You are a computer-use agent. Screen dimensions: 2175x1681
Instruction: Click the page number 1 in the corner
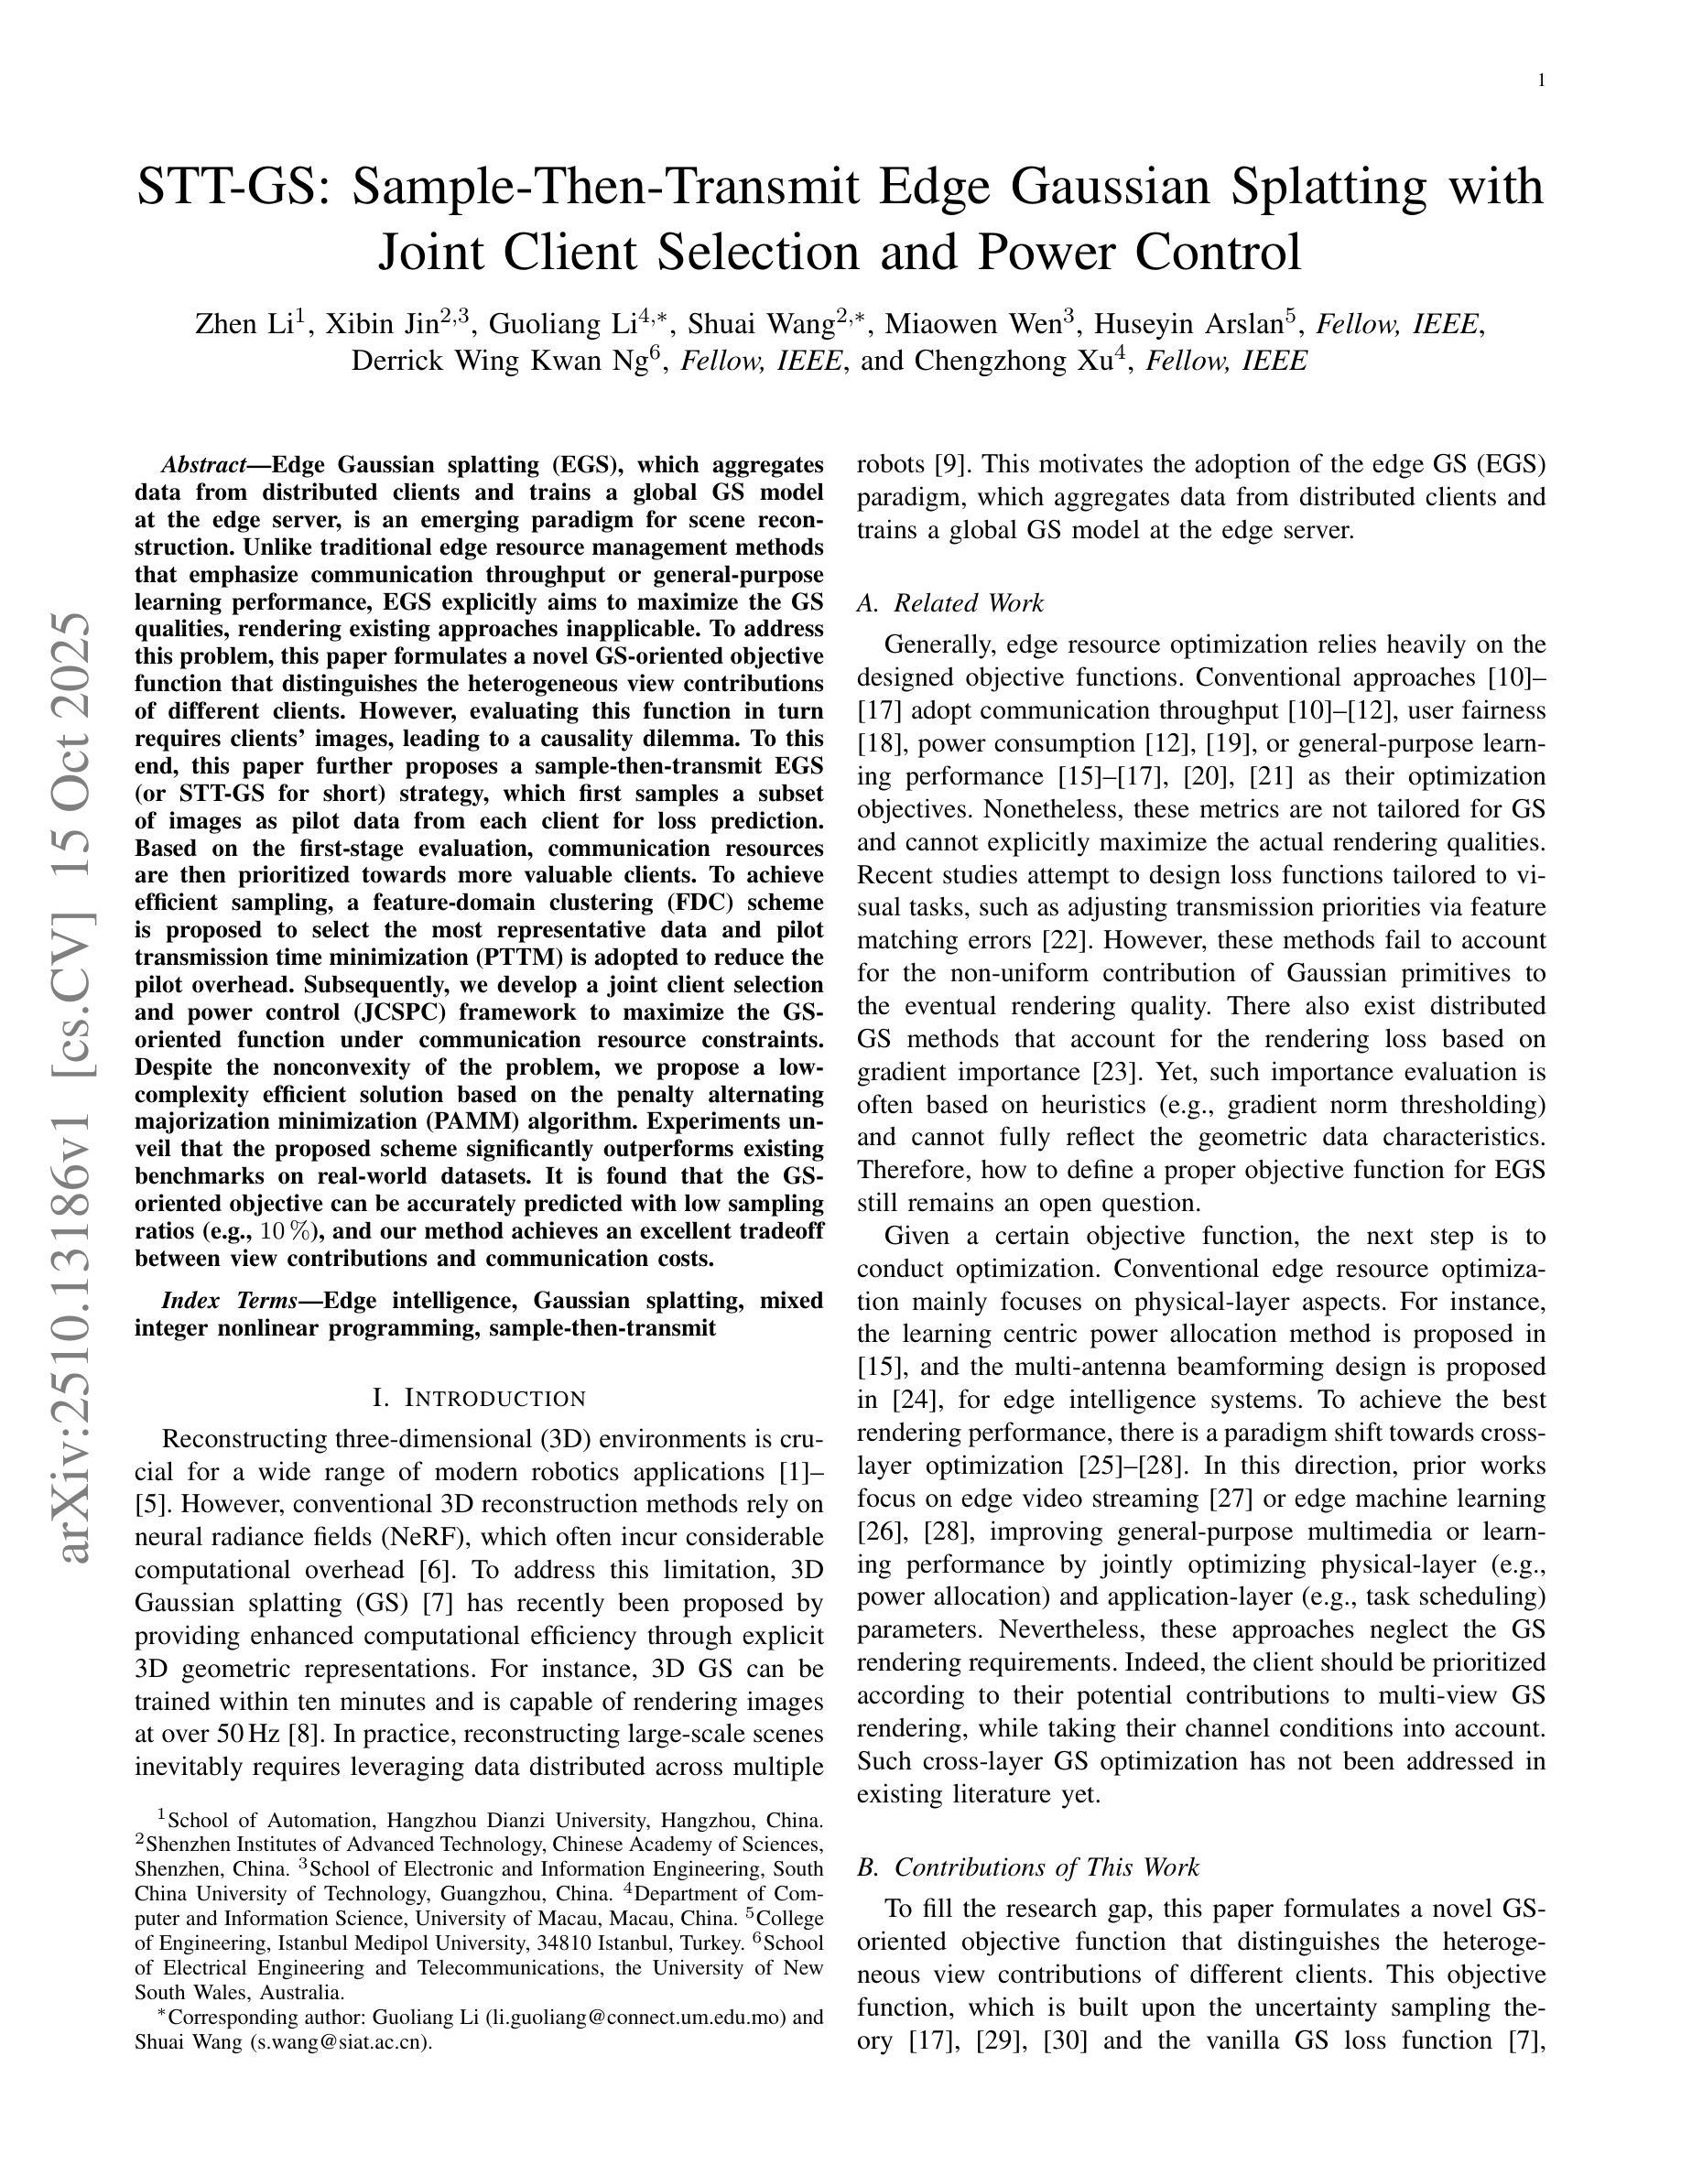tap(1542, 81)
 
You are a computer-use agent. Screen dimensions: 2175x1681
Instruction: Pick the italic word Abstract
tap(204, 465)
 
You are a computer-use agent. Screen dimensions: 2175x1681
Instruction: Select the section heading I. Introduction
tap(479, 1398)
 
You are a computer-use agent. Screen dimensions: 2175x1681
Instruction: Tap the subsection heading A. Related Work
tap(950, 603)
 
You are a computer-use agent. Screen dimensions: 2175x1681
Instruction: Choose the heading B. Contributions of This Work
tap(1027, 1867)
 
